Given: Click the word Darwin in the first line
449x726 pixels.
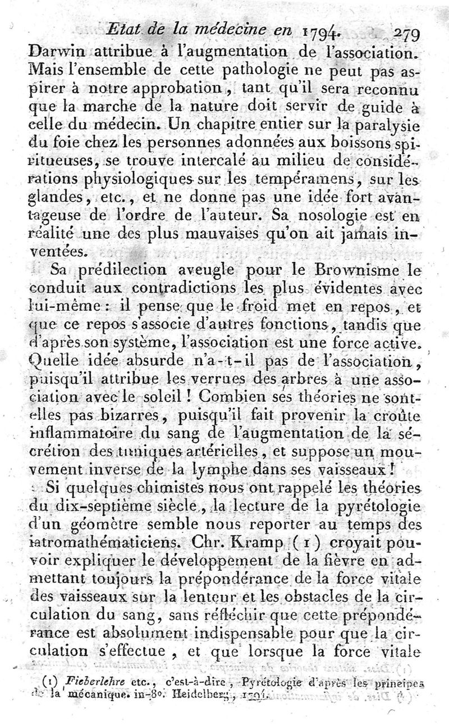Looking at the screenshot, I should [x=52, y=54].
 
